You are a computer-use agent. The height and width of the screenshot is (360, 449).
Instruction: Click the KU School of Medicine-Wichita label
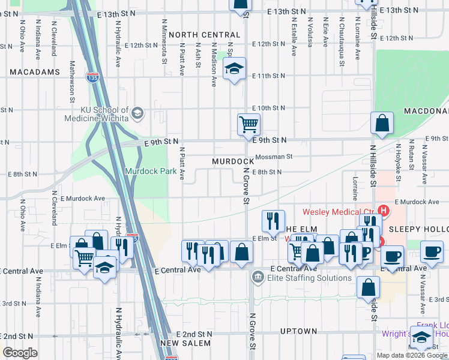pyautogui.click(x=96, y=114)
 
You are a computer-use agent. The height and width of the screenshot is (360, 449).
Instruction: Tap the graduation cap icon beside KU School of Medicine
pyautogui.click(x=137, y=112)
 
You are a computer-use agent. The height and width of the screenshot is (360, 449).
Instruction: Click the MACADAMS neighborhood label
pyautogui.click(x=35, y=72)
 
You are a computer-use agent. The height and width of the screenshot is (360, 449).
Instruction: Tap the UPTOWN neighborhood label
pyautogui.click(x=298, y=331)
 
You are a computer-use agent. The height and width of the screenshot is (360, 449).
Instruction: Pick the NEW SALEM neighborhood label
pyautogui.click(x=185, y=343)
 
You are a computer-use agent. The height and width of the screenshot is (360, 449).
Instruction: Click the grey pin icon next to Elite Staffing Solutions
pyautogui.click(x=258, y=277)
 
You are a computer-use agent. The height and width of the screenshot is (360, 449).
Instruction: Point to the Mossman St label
pyautogui.click(x=273, y=157)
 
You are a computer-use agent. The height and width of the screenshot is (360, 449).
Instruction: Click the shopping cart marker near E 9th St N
pyautogui.click(x=249, y=124)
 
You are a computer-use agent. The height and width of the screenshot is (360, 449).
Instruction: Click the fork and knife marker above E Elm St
pyautogui.click(x=273, y=220)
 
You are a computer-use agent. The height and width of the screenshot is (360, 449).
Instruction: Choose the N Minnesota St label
pyautogui.click(x=163, y=40)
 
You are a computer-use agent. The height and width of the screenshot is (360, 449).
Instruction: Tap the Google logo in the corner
pyautogui.click(x=20, y=353)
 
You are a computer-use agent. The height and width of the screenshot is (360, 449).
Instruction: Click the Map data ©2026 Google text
pyautogui.click(x=412, y=355)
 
